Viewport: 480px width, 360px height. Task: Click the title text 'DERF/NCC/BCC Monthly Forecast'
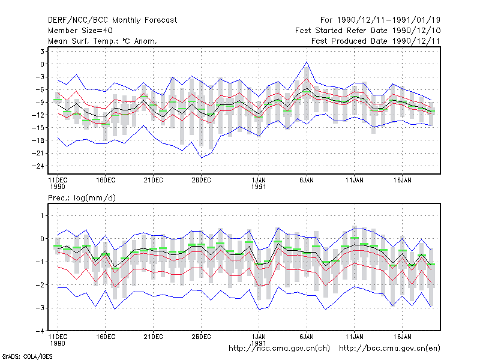click(112, 20)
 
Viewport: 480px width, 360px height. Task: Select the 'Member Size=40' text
click(80, 31)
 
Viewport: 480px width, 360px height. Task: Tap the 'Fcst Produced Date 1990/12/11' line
click(376, 41)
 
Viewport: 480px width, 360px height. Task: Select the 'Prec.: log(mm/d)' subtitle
click(82, 198)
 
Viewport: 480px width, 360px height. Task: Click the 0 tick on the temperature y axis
click(42, 64)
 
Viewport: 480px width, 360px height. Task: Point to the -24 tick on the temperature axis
click(38, 166)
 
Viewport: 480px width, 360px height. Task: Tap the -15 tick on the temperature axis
click(38, 128)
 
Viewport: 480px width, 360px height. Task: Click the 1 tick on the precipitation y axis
click(42, 216)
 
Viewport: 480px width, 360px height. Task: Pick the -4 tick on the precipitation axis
click(40, 331)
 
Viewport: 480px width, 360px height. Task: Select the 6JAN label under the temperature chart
click(307, 181)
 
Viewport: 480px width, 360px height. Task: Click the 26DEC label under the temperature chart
click(201, 181)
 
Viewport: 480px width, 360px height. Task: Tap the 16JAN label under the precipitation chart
click(402, 337)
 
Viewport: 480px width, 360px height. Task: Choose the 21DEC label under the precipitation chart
click(153, 337)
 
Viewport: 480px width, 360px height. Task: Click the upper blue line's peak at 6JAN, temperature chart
click(307, 62)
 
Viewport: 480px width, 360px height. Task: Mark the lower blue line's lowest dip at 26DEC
click(201, 158)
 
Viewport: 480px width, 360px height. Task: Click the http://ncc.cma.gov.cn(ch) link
click(279, 349)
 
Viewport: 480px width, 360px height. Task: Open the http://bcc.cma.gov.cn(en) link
click(389, 349)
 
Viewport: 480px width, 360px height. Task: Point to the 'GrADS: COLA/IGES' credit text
click(27, 356)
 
